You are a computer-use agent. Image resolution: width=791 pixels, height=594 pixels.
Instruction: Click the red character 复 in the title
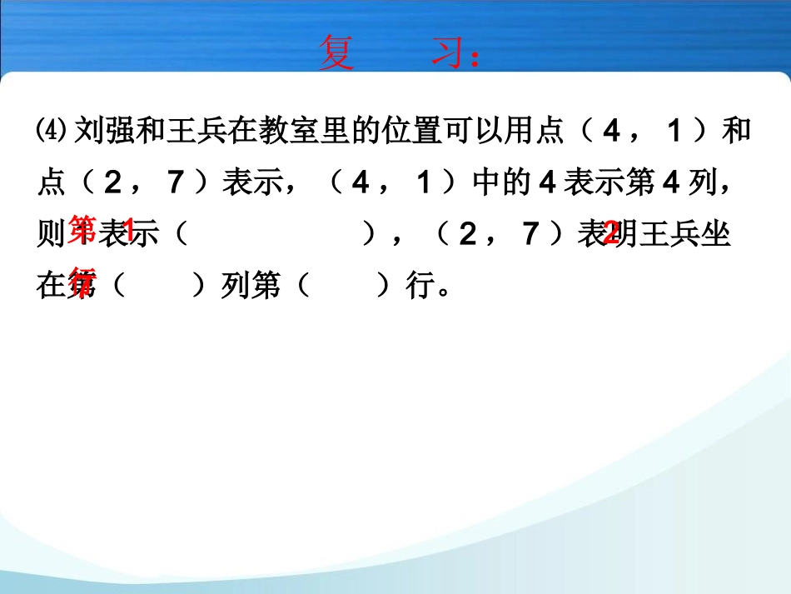336,53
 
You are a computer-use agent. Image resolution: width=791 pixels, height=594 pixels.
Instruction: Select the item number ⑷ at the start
55,132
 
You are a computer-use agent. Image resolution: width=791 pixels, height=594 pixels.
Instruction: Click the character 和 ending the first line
736,132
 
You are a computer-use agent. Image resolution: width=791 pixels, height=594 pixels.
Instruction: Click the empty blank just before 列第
157,287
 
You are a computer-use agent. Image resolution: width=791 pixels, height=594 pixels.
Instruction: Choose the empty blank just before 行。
342,287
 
